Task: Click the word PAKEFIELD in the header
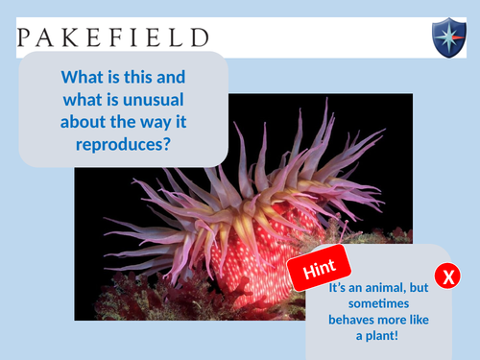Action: click(112, 37)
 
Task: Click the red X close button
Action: click(447, 277)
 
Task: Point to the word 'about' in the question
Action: click(86, 121)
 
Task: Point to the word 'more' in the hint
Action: click(407, 320)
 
